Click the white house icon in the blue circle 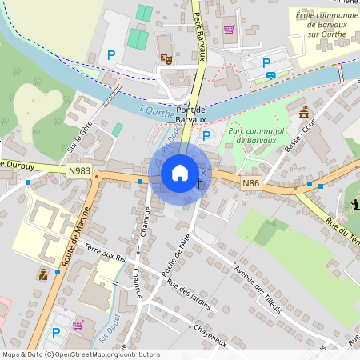point(180,173)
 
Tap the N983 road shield point(79,170)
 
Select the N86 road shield point(251,183)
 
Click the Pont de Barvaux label point(191,115)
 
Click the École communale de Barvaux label point(326,25)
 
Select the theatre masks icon point(167,58)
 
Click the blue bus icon point(270,75)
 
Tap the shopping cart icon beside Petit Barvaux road point(229,30)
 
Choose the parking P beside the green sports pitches point(111,54)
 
